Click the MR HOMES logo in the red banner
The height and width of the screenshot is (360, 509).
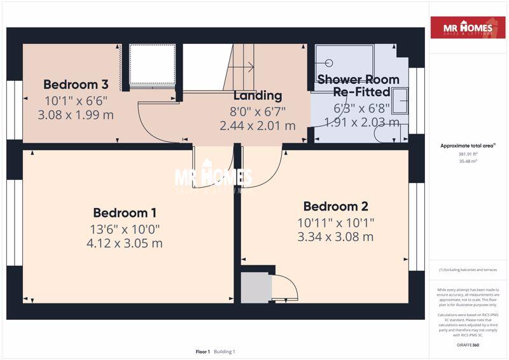point(470,29)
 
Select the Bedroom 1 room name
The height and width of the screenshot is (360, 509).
point(125,213)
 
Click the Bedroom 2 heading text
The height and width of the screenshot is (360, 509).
point(336,207)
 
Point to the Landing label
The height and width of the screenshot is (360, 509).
point(258,96)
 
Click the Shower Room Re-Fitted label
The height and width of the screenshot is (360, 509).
point(358,86)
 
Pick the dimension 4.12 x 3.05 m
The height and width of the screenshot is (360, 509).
point(125,244)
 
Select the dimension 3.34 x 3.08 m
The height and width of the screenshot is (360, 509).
point(336,237)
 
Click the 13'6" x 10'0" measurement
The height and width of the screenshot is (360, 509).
point(125,229)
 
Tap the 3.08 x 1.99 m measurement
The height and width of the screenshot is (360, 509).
point(76,115)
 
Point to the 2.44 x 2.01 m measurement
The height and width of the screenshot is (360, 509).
point(258,126)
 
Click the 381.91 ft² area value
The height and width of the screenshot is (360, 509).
point(468,154)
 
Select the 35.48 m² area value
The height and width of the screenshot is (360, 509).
point(468,162)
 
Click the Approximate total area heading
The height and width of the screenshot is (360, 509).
point(468,146)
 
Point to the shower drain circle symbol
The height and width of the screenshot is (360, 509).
point(329,63)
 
